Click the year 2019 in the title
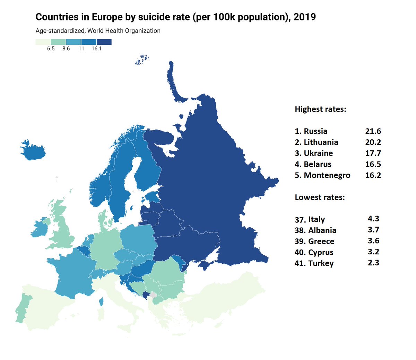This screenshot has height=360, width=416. pyautogui.click(x=304, y=17)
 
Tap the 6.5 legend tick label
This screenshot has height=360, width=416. pyautogui.click(x=51, y=49)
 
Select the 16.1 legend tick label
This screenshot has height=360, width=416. pyautogui.click(x=96, y=49)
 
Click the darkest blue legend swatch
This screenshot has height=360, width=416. pyautogui.click(x=104, y=42)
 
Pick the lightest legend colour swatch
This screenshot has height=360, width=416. pyautogui.click(x=43, y=42)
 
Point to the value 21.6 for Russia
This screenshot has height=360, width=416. pyautogui.click(x=373, y=131)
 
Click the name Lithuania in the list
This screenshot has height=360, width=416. pyautogui.click(x=321, y=142)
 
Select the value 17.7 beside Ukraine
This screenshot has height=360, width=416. pyautogui.click(x=373, y=153)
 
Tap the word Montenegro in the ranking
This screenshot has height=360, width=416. pyautogui.click(x=327, y=175)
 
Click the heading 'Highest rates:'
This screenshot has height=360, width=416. pyautogui.click(x=320, y=109)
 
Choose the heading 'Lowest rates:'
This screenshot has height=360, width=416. pyautogui.click(x=320, y=197)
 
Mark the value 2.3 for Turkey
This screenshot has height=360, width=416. pyautogui.click(x=373, y=263)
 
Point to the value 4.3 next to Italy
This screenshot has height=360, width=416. pyautogui.click(x=373, y=219)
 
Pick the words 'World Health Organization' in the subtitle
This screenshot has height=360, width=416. pyautogui.click(x=124, y=31)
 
